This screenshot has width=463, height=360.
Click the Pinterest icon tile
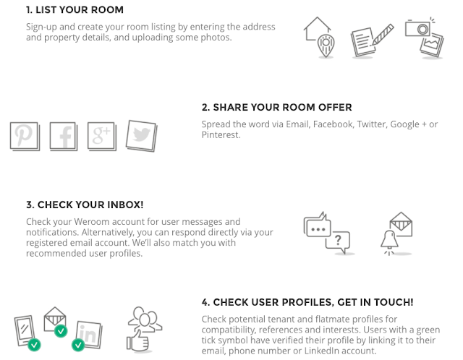pyautogui.click(x=25, y=136)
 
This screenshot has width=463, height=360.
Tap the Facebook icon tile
pyautogui.click(x=64, y=137)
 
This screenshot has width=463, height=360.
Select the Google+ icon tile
pyautogui.click(x=102, y=136)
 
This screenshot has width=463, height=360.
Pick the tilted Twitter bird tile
pyautogui.click(x=142, y=136)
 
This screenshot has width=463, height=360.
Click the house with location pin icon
pyautogui.click(x=319, y=37)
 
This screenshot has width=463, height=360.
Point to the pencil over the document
pyautogui.click(x=383, y=35)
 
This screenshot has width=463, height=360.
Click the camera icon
pyautogui.click(x=418, y=27)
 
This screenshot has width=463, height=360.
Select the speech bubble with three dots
pyautogui.click(x=317, y=226)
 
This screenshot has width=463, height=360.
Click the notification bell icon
pyautogui.click(x=389, y=240)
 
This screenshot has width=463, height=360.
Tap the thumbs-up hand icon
pyautogui.click(x=137, y=340)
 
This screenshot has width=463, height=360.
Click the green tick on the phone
pyautogui.click(x=34, y=344)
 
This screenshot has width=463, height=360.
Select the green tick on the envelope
pyautogui.click(x=61, y=331)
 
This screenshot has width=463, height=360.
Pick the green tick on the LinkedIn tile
pyautogui.click(x=78, y=345)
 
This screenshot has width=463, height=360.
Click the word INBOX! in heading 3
pyautogui.click(x=125, y=205)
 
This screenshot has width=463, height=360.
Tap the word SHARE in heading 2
pyautogui.click(x=231, y=108)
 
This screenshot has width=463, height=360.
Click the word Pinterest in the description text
pyautogui.click(x=221, y=135)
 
